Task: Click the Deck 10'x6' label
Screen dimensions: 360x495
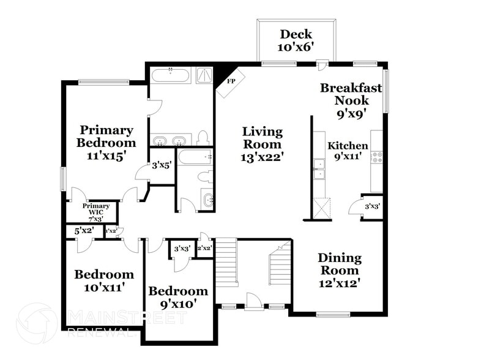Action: pyautogui.click(x=296, y=40)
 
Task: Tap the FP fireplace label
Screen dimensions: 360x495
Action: pyautogui.click(x=231, y=81)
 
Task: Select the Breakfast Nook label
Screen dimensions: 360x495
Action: pyautogui.click(x=351, y=100)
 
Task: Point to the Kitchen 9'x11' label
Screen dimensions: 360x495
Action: pyautogui.click(x=348, y=151)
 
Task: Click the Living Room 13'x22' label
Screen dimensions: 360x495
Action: pyautogui.click(x=262, y=144)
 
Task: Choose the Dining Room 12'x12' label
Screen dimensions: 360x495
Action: pyautogui.click(x=339, y=270)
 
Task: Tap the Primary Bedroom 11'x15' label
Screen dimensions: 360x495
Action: pyautogui.click(x=106, y=143)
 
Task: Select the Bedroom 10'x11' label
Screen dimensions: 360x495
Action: pyautogui.click(x=104, y=280)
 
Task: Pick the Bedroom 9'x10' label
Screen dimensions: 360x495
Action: pyautogui.click(x=178, y=297)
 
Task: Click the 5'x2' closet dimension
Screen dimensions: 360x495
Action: pyautogui.click(x=83, y=231)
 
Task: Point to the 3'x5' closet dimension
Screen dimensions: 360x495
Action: pyautogui.click(x=162, y=165)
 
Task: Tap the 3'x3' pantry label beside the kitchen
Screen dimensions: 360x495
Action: pyautogui.click(x=372, y=206)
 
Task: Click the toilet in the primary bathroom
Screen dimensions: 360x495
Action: pyautogui.click(x=203, y=137)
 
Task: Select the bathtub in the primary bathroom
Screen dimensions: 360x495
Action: pyautogui.click(x=172, y=77)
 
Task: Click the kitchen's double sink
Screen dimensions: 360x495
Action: pyautogui.click(x=319, y=168)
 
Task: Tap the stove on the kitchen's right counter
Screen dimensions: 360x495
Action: pyautogui.click(x=378, y=158)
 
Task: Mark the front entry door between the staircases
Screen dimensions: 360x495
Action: pyautogui.click(x=253, y=302)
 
